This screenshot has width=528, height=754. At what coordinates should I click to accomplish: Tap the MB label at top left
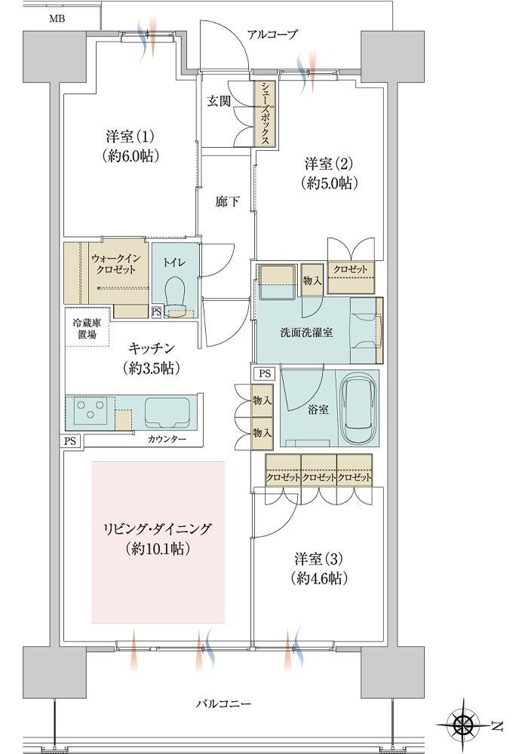[57, 18]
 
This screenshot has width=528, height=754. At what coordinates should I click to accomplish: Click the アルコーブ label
[272, 34]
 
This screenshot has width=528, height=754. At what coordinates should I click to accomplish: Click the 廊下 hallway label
[227, 201]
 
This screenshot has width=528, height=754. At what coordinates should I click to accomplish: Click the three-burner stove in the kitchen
[90, 411]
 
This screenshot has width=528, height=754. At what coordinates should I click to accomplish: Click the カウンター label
[163, 439]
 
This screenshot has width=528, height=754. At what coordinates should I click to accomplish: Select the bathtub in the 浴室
[358, 411]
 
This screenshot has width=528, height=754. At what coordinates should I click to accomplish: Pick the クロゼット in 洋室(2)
[351, 268]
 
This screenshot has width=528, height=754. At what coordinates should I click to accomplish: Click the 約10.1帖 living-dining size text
[158, 548]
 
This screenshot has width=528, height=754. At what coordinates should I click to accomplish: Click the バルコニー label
[224, 703]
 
